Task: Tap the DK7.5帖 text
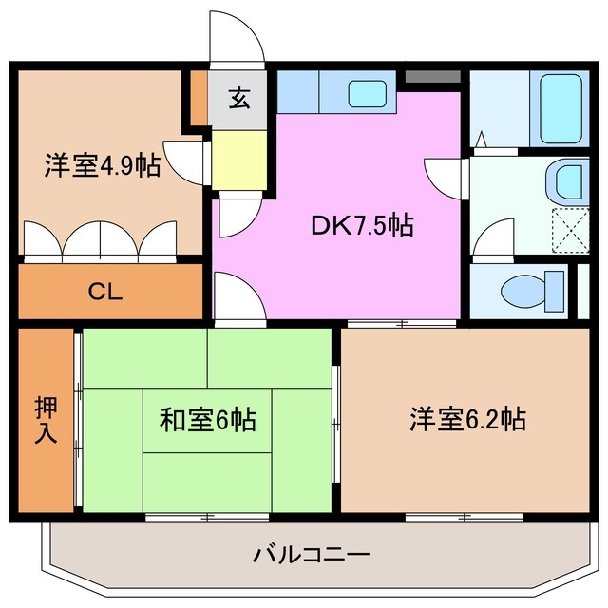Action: pos(361,225)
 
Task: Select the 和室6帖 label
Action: pos(206,419)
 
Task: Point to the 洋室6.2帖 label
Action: pos(468,418)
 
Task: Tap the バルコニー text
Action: pos(311,554)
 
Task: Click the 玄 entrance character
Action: pos(238,98)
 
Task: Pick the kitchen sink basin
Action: pos(367,93)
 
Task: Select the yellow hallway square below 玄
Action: pos(240,160)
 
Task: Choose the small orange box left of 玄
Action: pos(199,97)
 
